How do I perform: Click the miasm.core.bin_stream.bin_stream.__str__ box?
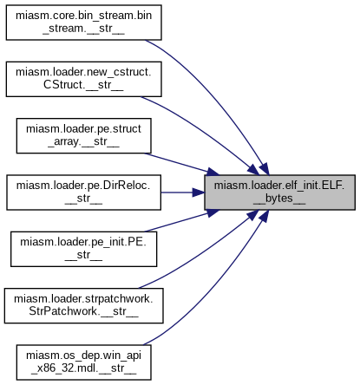(83, 23)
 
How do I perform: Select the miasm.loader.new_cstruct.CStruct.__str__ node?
(83, 79)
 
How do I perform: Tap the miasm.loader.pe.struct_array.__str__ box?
(83, 135)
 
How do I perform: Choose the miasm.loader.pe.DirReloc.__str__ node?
(83, 192)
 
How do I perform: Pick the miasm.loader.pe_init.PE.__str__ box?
(83, 249)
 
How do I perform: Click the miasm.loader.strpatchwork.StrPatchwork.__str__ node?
(83, 305)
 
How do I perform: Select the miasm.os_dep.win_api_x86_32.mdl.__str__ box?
(83, 362)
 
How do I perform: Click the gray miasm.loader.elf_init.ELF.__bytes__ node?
(279, 192)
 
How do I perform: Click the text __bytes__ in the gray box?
(279, 199)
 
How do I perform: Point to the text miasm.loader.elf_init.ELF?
(279, 186)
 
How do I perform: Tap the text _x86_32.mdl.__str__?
(83, 369)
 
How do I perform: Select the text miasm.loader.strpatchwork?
(83, 298)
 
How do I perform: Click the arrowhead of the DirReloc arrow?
(199, 192)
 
